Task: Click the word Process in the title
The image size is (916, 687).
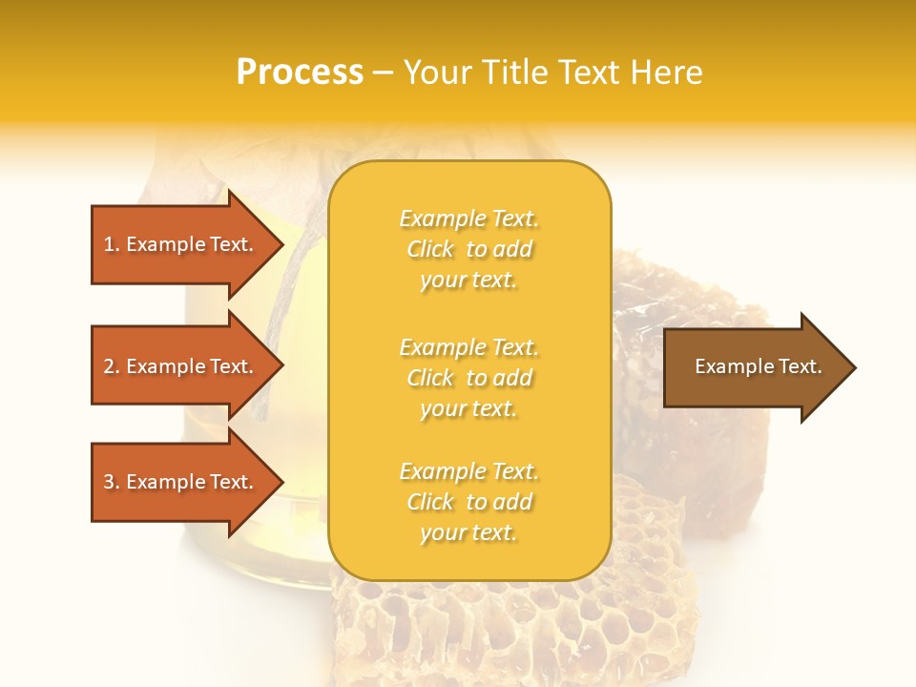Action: coord(300,73)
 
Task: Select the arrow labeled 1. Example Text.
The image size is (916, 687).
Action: coord(181,244)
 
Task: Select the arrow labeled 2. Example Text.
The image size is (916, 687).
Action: coord(181,366)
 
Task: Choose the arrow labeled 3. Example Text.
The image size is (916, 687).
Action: coord(181,482)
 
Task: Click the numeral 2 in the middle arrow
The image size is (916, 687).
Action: coord(109,366)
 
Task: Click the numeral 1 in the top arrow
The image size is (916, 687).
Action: coord(109,244)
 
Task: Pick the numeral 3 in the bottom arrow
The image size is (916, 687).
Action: coord(109,482)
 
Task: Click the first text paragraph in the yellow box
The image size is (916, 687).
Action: coord(468,249)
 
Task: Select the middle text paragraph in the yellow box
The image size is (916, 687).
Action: coord(468,378)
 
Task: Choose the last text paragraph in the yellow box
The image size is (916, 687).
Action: coord(468,502)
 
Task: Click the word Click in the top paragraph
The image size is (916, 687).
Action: coord(430,249)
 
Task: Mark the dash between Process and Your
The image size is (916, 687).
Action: coord(383,73)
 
